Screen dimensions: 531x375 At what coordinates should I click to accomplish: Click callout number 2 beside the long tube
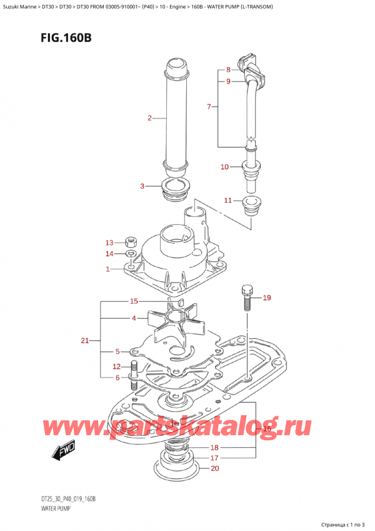click(149, 118)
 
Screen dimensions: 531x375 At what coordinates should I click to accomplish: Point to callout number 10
click(225, 167)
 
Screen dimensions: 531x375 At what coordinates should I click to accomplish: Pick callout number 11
click(228, 200)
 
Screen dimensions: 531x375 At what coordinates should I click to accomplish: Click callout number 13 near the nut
click(109, 242)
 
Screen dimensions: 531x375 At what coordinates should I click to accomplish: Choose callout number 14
click(109, 254)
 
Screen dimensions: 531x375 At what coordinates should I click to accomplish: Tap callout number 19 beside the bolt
click(267, 298)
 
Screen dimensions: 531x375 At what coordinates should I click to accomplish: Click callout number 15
click(134, 301)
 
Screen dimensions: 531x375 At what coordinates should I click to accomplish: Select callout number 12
click(116, 367)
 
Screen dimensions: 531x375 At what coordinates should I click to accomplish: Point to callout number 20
click(214, 468)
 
